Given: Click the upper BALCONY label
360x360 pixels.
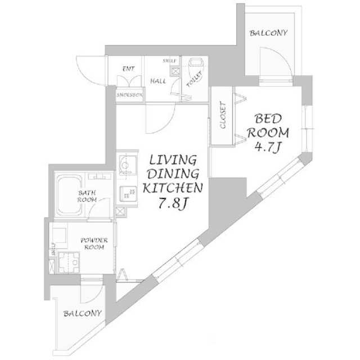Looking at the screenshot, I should [268, 33].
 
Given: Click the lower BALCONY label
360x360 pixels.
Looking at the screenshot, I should [82, 313].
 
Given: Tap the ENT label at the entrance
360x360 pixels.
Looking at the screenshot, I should [127, 69].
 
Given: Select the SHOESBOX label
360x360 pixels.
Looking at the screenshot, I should [129, 96].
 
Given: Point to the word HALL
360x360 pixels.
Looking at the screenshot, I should [157, 81].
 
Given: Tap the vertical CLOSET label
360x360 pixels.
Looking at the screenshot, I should [223, 116].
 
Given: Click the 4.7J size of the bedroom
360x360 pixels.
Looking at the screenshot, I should [271, 148].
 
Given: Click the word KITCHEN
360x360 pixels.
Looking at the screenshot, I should [172, 188].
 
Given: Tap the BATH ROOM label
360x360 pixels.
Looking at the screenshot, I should [87, 196].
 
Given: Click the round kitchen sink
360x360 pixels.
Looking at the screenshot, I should [125, 165].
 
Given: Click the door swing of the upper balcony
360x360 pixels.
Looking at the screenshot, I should [276, 62].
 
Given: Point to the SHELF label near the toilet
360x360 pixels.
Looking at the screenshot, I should [170, 60].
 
